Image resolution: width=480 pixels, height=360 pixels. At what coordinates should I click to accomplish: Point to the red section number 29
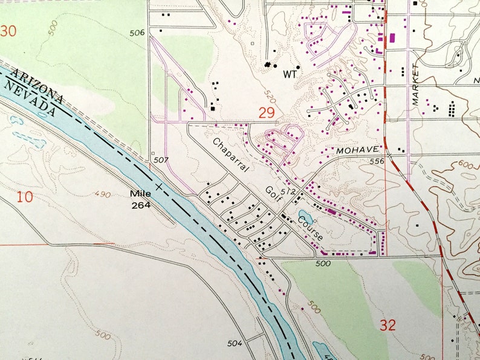click(267, 112)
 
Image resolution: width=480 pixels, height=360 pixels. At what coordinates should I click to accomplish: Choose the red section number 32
click(388, 326)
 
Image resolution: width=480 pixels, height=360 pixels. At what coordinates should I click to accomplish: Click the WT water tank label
click(290, 76)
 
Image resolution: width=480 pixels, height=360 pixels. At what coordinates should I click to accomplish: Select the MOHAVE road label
click(357, 149)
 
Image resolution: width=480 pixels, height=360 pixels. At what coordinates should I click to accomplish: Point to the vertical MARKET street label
click(415, 85)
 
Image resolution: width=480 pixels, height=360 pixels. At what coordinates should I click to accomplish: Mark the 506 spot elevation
click(137, 33)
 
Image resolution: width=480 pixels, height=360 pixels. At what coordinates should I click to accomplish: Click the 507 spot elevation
click(161, 161)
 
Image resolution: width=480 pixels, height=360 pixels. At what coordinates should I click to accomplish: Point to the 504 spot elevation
click(235, 343)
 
